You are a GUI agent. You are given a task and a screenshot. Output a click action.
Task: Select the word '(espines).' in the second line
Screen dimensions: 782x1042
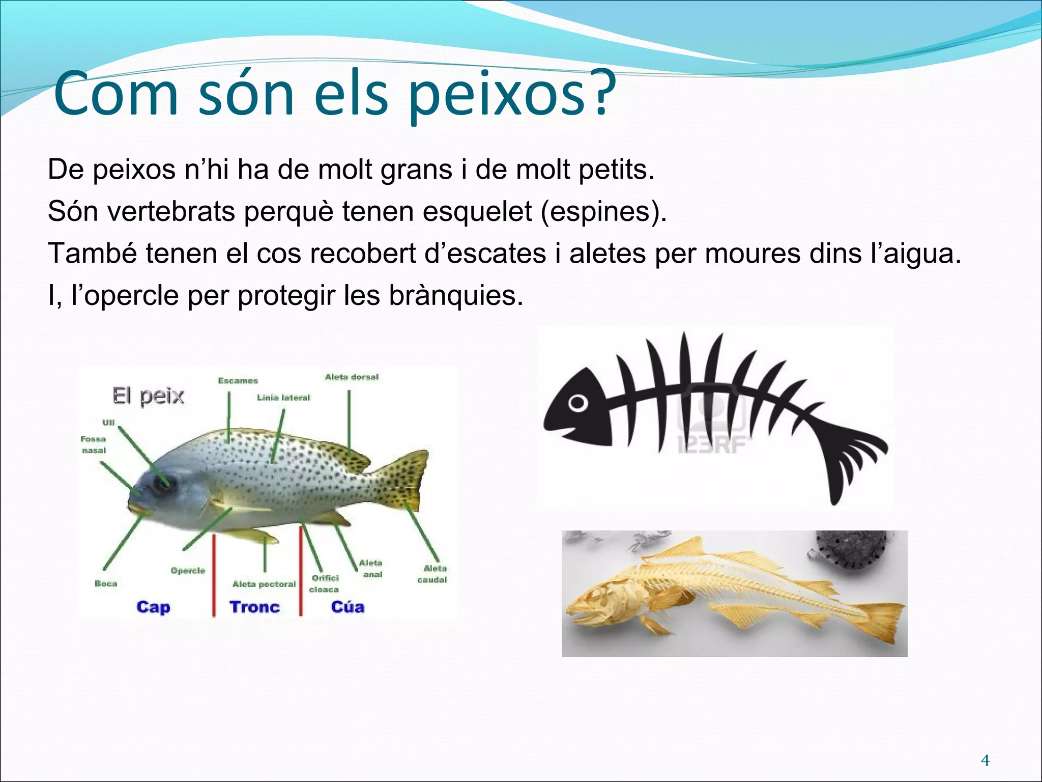click(x=603, y=211)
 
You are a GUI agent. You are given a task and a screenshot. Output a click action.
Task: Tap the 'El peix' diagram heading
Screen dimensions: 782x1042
click(x=148, y=396)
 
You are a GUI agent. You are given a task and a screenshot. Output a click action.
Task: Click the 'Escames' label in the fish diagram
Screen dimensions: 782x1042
click(x=238, y=381)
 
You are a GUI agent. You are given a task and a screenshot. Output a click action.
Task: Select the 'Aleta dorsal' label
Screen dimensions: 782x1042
click(x=352, y=377)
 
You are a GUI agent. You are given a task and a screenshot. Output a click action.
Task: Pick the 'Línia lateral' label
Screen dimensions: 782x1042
click(x=283, y=398)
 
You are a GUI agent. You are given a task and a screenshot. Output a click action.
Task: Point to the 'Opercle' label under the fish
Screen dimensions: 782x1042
click(x=188, y=571)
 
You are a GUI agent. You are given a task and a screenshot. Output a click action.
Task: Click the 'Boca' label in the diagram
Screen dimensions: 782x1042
click(x=106, y=583)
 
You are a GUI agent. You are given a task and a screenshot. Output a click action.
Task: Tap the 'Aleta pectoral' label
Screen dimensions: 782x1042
click(x=264, y=584)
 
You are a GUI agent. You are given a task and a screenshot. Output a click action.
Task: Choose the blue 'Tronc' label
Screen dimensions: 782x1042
click(x=254, y=607)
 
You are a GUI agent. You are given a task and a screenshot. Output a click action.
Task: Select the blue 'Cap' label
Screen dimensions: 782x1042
click(x=153, y=607)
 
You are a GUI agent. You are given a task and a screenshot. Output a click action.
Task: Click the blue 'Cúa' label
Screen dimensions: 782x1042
click(x=348, y=607)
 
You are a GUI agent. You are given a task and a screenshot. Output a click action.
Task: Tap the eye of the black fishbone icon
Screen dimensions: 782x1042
click(x=578, y=403)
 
